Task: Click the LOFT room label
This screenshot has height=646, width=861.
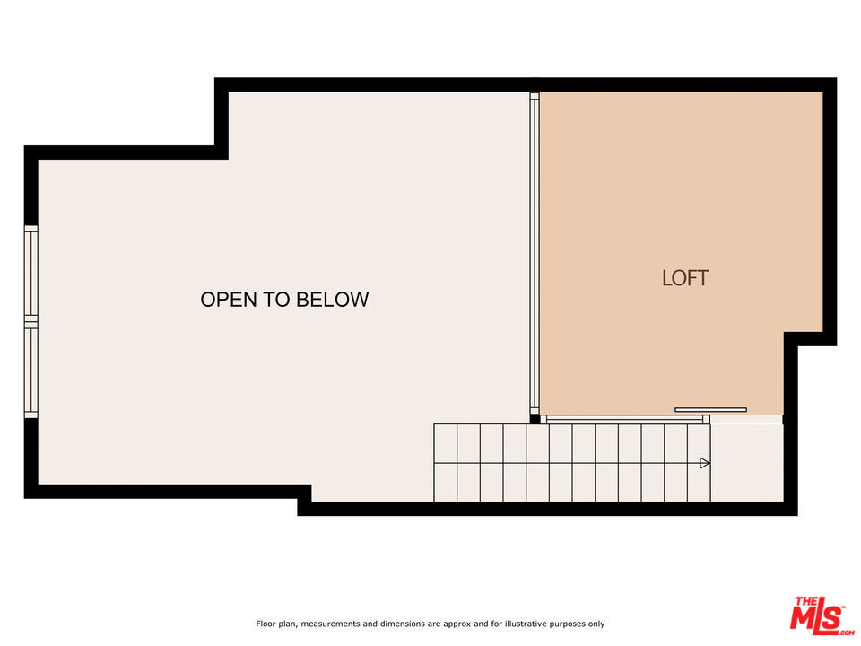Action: [684, 278]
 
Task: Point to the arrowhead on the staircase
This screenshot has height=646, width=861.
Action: [705, 463]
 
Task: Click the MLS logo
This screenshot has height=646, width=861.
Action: [821, 615]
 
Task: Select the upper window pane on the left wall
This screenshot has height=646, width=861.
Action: [31, 274]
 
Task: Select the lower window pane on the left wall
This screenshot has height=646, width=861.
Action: [31, 371]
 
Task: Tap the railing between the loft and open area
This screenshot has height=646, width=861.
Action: [535, 253]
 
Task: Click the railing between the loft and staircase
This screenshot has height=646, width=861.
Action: [625, 420]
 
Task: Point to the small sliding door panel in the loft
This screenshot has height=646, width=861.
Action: [710, 410]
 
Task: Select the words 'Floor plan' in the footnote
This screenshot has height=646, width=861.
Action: [276, 624]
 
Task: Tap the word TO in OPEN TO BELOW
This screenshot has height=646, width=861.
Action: [277, 300]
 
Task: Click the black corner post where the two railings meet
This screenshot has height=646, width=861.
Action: [535, 419]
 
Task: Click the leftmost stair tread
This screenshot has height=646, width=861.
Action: [446, 463]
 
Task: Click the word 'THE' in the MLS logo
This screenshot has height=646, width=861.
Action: [805, 601]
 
